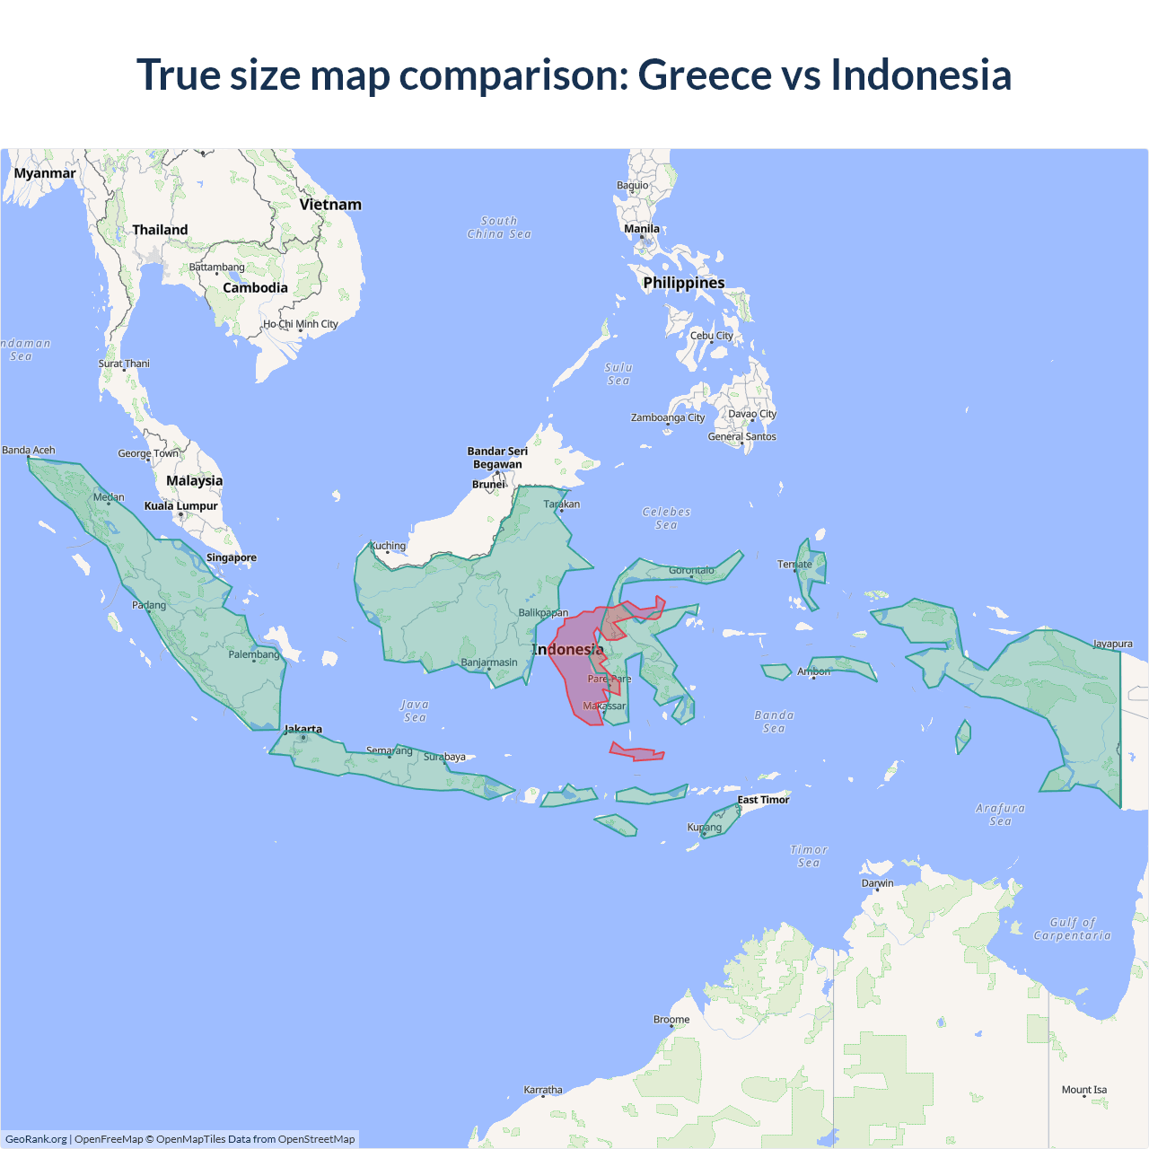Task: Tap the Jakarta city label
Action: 303,729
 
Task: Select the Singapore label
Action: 231,557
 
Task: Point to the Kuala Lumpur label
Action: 180,506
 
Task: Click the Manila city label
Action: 641,229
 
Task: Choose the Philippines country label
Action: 683,283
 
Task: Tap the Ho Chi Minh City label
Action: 300,324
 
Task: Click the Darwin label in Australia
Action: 877,883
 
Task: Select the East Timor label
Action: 763,800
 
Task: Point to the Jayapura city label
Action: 1112,644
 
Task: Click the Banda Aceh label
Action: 29,450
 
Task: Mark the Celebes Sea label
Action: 666,518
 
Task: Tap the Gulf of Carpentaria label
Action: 1072,928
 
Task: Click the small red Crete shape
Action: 636,752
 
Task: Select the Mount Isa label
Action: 1083,1090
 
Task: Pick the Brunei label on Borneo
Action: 488,484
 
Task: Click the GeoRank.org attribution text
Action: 36,1139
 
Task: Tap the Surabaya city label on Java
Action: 444,757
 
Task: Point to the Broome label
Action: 671,1019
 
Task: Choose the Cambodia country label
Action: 255,288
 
